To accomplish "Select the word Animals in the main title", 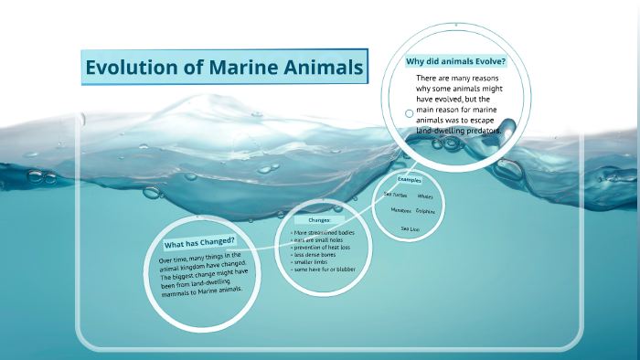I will (x=322, y=68).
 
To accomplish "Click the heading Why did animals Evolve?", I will (x=455, y=61).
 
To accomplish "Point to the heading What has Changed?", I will (x=198, y=242).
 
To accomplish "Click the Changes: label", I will (x=318, y=220).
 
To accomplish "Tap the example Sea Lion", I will (x=410, y=228).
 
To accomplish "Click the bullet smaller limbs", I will (x=312, y=262).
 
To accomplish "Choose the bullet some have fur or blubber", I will (x=323, y=270).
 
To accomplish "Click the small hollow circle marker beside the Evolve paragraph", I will (x=409, y=114).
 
